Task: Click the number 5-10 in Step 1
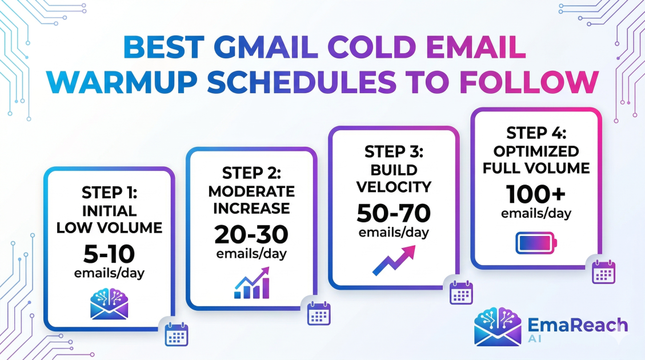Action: [109, 254]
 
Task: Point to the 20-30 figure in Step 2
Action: [251, 234]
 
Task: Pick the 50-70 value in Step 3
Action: [394, 213]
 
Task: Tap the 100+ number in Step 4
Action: [536, 194]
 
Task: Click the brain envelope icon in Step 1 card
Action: [109, 304]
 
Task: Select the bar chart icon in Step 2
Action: [252, 283]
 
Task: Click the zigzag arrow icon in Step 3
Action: [394, 261]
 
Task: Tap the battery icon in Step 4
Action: [536, 243]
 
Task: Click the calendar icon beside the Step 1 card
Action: [177, 334]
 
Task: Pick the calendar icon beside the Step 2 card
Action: [319, 313]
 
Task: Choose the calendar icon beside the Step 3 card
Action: [461, 293]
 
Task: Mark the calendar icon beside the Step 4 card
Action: [603, 272]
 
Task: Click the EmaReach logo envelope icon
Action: [498, 326]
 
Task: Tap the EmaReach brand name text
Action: [578, 325]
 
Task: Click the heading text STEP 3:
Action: [394, 152]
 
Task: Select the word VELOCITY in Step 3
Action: [394, 187]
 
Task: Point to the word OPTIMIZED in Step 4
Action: [536, 151]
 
